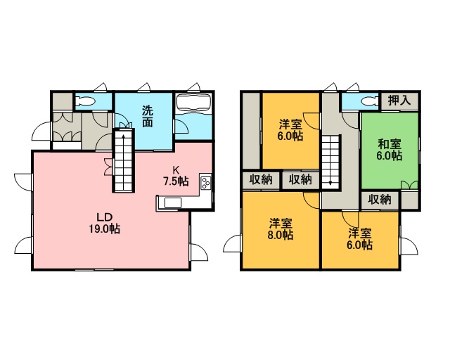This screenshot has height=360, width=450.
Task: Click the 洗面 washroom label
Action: coord(148,116)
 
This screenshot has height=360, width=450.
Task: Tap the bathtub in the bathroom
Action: coord(193,103)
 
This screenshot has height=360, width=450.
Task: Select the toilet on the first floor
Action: coord(86,101)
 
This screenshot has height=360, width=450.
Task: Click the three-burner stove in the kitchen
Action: coord(205,184)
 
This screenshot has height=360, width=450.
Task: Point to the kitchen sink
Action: coord(172,202)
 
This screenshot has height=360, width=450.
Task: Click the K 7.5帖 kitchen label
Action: coord(176,176)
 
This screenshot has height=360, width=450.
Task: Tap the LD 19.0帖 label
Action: coord(104,223)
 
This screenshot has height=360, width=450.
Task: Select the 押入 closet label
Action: coord(399,100)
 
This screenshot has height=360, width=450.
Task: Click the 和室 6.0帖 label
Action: coord(389,150)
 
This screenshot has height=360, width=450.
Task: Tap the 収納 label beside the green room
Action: coord(380,199)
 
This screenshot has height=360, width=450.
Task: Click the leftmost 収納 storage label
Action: coord(261,180)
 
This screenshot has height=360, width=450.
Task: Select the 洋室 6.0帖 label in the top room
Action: coord(290,130)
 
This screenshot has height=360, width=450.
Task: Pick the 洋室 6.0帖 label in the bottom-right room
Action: coord(360,239)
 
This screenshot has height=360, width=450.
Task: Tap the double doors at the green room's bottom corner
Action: coord(409,185)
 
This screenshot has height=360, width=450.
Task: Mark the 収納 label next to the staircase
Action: coord(300,180)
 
